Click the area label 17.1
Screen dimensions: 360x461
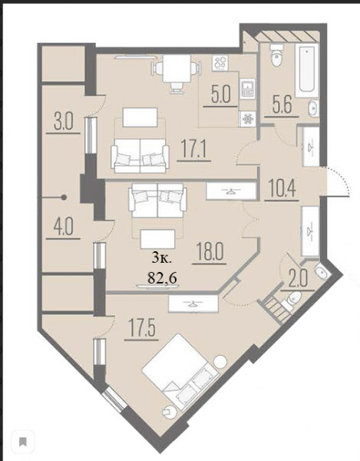click(193, 150)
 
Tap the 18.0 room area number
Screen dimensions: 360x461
click(210, 252)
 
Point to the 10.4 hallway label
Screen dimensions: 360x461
click(282, 189)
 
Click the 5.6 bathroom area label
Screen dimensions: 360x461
click(282, 105)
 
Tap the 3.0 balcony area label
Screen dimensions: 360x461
click(64, 122)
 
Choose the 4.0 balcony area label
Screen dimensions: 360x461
click(64, 227)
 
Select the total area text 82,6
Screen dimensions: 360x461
click(162, 277)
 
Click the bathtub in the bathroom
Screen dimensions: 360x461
click(306, 71)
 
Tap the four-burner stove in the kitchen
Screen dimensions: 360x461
click(222, 63)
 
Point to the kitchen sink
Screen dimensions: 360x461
click(247, 89)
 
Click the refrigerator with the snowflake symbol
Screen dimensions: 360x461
click(247, 119)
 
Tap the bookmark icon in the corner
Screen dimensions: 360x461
click(23, 441)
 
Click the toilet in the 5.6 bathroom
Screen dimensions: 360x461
click(276, 56)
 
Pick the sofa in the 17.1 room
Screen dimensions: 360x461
click(140, 155)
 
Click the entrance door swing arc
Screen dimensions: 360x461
click(341, 178)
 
